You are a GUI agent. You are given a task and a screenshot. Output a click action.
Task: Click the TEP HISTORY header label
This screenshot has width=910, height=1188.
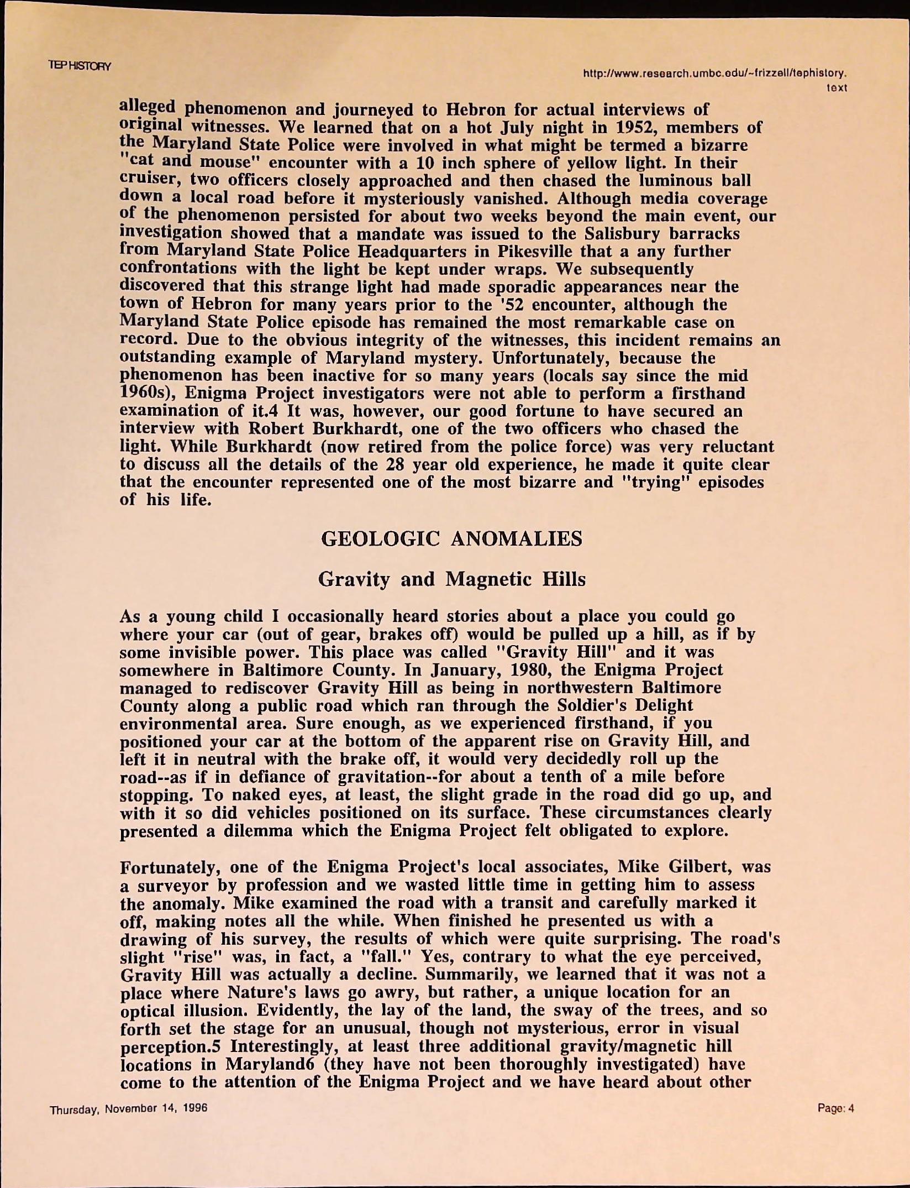click(80, 66)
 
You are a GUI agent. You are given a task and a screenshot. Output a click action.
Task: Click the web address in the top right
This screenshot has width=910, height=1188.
click(715, 73)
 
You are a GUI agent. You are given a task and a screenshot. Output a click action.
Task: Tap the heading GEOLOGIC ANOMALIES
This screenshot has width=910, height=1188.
click(451, 538)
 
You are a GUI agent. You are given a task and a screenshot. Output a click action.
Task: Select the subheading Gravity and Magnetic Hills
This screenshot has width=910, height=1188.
click(451, 579)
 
